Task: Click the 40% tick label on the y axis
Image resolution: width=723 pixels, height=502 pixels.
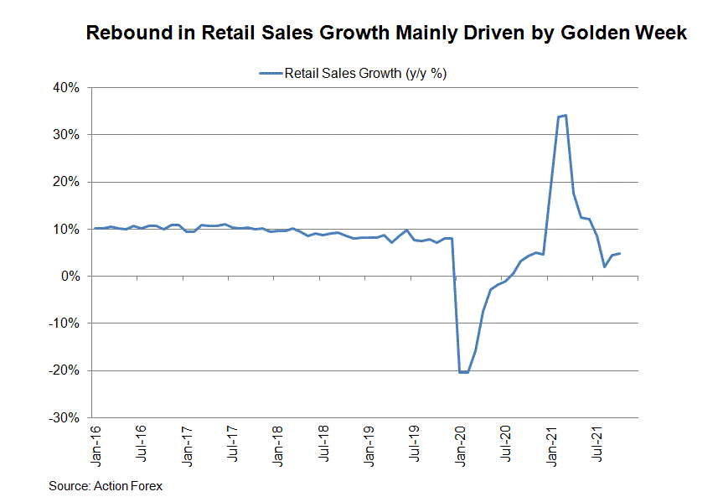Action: (67, 87)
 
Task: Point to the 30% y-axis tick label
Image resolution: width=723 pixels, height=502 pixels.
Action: (67, 134)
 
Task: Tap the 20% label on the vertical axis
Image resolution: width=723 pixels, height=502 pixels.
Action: (67, 182)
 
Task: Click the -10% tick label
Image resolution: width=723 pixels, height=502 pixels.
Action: (65, 323)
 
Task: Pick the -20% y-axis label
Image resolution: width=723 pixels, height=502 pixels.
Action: (65, 370)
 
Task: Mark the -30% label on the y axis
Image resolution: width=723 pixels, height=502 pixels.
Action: (65, 417)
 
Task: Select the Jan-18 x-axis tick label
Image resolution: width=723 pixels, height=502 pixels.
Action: (279, 446)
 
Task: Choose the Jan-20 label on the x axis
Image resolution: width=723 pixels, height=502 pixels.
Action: (462, 446)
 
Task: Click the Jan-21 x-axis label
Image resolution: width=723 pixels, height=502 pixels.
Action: (553, 446)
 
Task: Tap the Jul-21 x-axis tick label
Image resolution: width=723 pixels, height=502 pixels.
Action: (599, 446)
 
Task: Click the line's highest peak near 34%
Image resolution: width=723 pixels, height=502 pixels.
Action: (565, 116)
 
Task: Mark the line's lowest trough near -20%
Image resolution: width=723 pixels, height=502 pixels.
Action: (463, 372)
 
